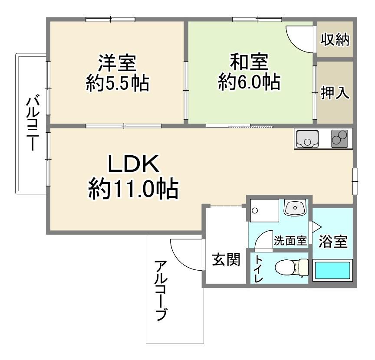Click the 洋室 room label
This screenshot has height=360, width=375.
[x=117, y=63]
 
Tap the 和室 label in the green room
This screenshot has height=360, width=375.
[x=249, y=62]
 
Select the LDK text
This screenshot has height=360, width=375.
[x=133, y=164]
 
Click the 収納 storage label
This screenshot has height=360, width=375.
[x=335, y=39]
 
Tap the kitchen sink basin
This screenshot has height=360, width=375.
[x=307, y=139]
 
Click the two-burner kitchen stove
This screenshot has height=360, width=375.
[x=339, y=139]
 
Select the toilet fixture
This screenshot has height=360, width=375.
[x=292, y=268]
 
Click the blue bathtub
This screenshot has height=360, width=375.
[x=332, y=271]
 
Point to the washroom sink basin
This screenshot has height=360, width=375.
[x=295, y=207]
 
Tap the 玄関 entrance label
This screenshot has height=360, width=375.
[x=226, y=259]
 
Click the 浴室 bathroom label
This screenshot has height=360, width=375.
[x=333, y=242]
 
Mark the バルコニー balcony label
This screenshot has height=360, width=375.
[x=33, y=123]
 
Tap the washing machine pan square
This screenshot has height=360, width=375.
[x=264, y=210]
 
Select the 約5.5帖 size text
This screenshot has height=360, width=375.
[x=118, y=83]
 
